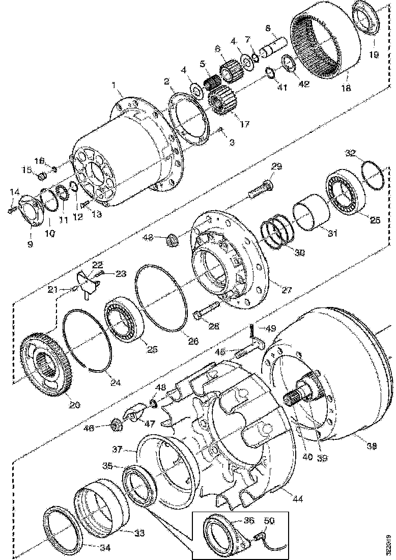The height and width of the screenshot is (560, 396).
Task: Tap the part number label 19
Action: point(374,54)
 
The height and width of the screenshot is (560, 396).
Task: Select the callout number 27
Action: point(287,290)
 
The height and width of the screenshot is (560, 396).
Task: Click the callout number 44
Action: point(298,498)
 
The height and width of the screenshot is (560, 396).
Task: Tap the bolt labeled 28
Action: point(206,312)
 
